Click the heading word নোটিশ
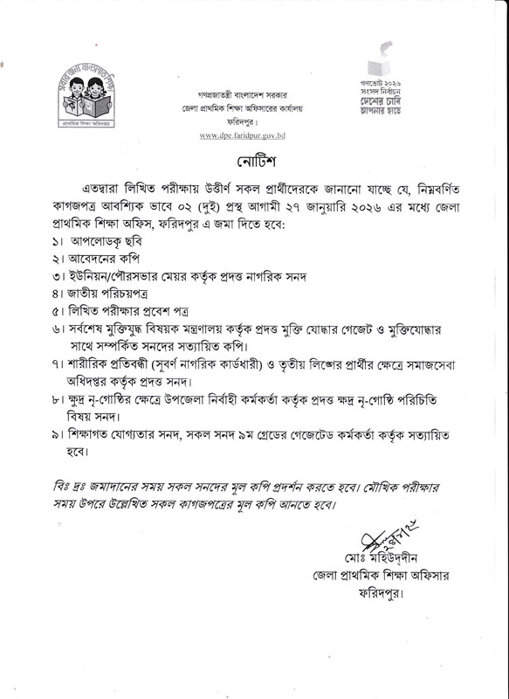pos(255,163)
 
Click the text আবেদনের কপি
pos(107,260)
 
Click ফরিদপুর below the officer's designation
pos(377,594)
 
